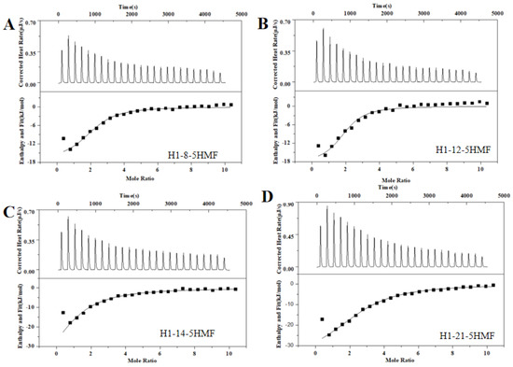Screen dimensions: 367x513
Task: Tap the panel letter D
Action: (x=269, y=200)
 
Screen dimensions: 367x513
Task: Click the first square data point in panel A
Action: (x=63, y=139)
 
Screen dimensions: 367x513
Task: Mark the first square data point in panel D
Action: (x=322, y=319)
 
